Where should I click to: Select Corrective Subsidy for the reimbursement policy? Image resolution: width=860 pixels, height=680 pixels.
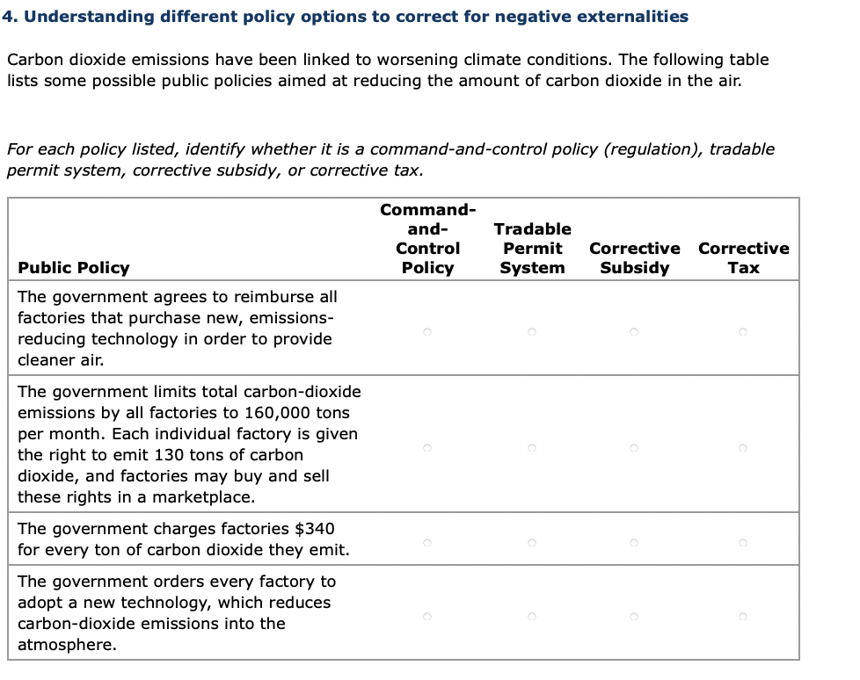(x=633, y=332)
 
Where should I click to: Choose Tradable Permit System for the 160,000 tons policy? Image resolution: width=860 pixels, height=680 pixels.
(x=531, y=448)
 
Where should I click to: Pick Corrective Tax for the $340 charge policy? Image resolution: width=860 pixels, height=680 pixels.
(x=743, y=543)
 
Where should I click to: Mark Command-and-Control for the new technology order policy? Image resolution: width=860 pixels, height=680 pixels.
(x=426, y=617)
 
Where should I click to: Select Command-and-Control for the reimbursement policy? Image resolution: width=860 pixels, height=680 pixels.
(x=426, y=332)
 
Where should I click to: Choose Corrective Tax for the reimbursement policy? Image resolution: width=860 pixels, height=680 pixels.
(x=743, y=332)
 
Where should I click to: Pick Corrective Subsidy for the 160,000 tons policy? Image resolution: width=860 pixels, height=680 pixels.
(x=633, y=448)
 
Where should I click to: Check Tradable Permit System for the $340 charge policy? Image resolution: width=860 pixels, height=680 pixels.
(x=531, y=543)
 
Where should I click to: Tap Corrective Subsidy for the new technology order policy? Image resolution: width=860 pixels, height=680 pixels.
(x=633, y=617)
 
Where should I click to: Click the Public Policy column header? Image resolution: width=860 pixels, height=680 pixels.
(x=74, y=268)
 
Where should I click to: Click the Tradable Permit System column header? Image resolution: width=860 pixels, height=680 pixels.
(x=532, y=249)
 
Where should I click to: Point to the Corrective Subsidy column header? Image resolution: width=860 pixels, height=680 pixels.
(x=634, y=257)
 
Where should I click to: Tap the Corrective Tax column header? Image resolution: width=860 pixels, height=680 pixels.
(x=743, y=257)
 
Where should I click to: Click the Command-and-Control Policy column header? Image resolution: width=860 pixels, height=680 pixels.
(x=427, y=239)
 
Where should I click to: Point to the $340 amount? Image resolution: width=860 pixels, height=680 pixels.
(x=315, y=529)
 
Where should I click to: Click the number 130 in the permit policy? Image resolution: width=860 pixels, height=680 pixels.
(x=168, y=455)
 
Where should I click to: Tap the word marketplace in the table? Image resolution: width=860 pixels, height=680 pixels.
(x=203, y=497)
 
